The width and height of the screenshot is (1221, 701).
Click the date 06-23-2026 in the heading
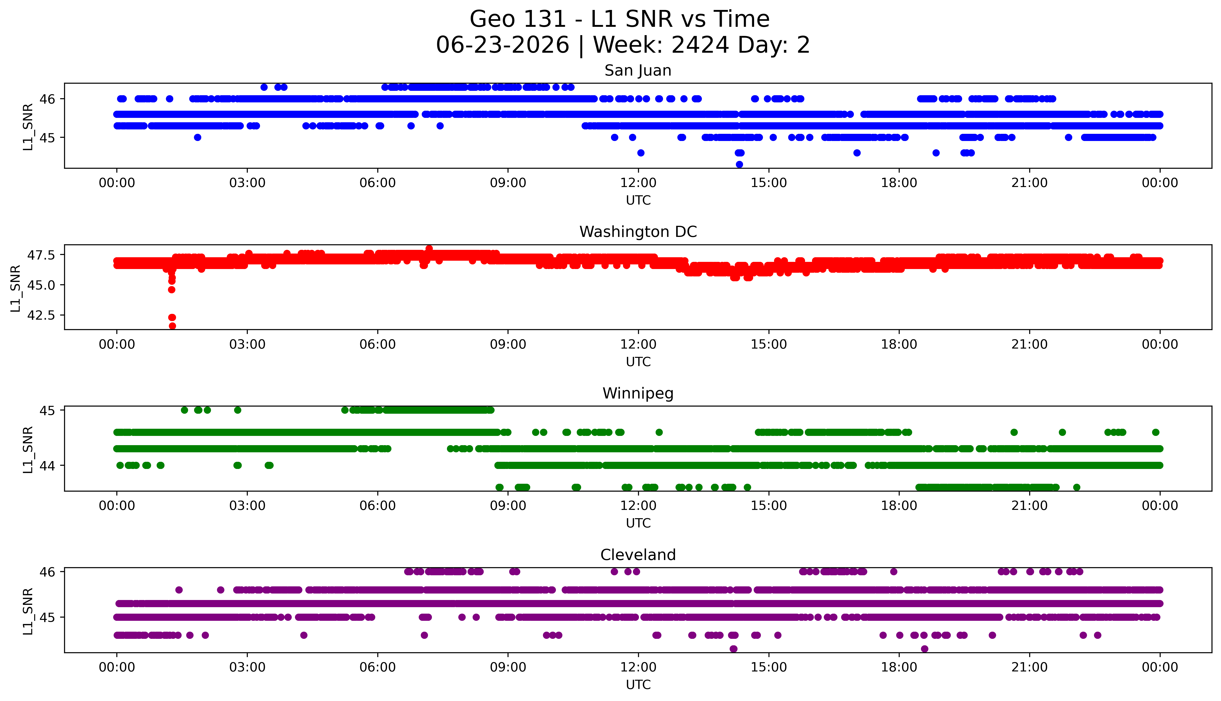pyautogui.click(x=502, y=45)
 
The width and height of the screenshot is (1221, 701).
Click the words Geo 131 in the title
pyautogui.click(x=518, y=19)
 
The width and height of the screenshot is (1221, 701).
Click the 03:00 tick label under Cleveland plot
pyautogui.click(x=247, y=667)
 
